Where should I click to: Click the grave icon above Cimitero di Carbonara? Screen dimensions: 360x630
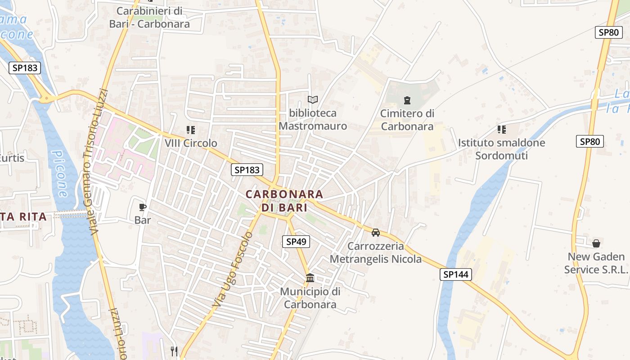407,100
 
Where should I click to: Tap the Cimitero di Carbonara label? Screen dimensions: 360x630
407,120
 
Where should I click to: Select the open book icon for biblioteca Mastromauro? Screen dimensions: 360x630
313,99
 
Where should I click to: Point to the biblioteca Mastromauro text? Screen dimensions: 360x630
313,119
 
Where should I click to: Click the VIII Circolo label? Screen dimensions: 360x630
191,143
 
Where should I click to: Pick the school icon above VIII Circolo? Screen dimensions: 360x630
191,130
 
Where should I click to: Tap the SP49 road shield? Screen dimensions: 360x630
296,242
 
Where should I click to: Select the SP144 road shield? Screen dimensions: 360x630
456,274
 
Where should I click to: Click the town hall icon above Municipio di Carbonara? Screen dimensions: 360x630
310,278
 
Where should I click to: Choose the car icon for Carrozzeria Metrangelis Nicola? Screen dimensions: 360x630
376,233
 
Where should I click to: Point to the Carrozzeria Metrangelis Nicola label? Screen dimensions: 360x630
376,252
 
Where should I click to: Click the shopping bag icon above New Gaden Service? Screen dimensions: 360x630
596,243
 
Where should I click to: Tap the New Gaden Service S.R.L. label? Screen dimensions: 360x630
596,263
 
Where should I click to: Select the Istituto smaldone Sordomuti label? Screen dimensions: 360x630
501,149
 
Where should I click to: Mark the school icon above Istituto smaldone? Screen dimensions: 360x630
502,130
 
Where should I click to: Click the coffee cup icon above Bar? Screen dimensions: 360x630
143,207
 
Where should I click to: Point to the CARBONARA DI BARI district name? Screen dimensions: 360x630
284,201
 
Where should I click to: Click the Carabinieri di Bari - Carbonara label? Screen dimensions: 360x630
149,17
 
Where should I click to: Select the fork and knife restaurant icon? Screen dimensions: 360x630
174,351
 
